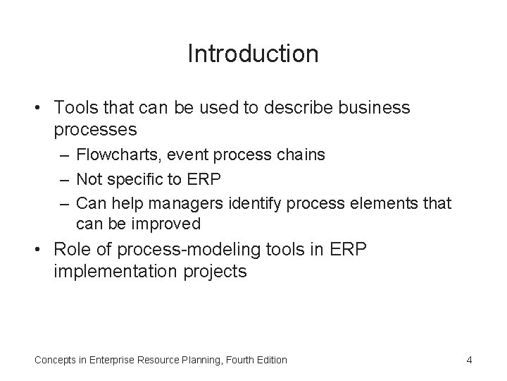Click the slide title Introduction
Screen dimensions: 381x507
253,54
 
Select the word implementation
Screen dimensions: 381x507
110,271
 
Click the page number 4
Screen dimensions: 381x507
469,360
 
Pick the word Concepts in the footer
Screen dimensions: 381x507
56,360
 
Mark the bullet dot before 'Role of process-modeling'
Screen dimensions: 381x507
39,250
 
